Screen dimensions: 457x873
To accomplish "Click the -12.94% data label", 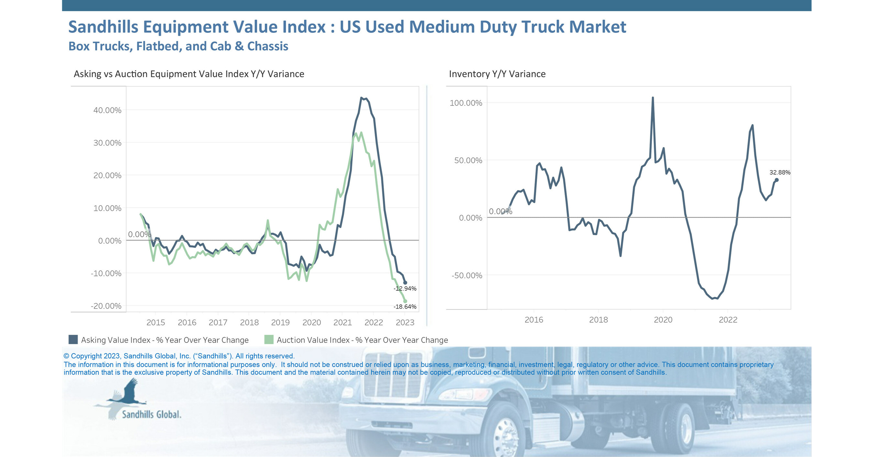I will [x=405, y=288].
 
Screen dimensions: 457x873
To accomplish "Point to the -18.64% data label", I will [x=405, y=307].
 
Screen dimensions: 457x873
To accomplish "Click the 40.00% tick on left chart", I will [x=107, y=110].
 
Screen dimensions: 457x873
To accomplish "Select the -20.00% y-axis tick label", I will [x=106, y=306].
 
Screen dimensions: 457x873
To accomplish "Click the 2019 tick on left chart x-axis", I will [x=280, y=322].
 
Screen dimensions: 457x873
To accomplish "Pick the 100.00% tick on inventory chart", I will [x=466, y=103].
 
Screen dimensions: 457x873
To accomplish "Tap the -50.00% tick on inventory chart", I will [x=467, y=275].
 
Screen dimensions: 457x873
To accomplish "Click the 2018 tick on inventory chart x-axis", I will [x=598, y=320].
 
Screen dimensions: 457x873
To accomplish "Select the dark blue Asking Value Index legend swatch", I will [x=73, y=340].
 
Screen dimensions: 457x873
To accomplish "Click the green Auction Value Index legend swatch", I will [x=269, y=340].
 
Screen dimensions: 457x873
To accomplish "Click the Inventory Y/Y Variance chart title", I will [x=497, y=74].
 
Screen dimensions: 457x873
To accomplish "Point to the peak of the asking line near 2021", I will [x=361, y=98].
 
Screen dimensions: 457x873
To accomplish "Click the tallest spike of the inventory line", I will [x=653, y=98].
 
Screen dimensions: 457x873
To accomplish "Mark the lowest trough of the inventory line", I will [x=713, y=298].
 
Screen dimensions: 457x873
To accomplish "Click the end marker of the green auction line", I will [x=405, y=301].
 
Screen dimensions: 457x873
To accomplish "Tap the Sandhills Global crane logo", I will [x=127, y=395].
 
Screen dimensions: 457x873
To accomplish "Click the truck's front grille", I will [x=393, y=376].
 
